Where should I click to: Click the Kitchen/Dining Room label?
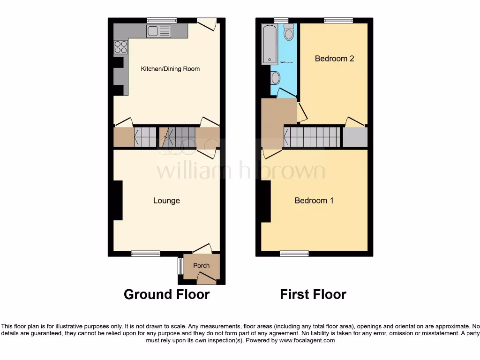pos(170,69)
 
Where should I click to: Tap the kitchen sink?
pos(158,31)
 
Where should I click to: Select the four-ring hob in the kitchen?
pos(120,47)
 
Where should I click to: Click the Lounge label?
pos(166,201)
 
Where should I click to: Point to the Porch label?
pos(202,265)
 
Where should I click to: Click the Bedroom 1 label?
pos(314,201)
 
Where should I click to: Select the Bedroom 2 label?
pos(334,59)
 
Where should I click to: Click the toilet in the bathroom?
pos(289,32)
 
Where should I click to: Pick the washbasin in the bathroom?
pos(275,77)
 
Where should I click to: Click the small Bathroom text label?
pos(286,62)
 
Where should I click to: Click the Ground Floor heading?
pos(166,294)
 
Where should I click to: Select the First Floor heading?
pos(313,294)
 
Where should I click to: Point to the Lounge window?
pos(146,254)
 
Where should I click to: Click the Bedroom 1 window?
pos(294,254)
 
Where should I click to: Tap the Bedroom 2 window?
pos(338,20)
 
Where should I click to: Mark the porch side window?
pos(180,267)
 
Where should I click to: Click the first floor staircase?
pos(312,137)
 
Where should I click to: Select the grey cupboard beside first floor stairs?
pos(355,137)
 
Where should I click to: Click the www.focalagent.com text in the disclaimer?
pos(307,341)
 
